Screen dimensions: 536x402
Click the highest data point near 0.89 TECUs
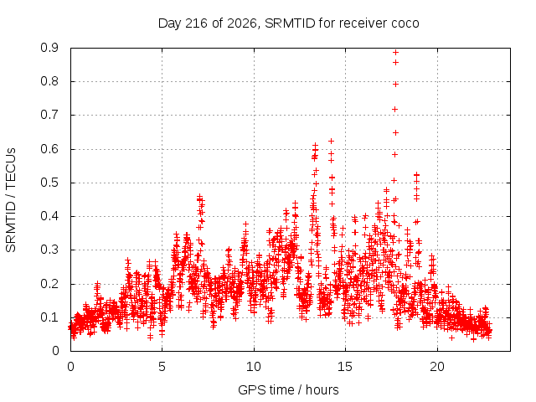395,53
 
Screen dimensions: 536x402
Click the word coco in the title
405,23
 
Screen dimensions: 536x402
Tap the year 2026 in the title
242,23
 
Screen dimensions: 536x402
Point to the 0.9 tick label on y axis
49,48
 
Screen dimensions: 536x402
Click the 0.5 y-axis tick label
49,183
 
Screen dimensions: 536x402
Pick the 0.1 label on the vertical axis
49,317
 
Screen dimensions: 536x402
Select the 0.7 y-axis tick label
49,115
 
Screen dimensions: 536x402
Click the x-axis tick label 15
345,367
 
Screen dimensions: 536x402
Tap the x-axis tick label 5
162,367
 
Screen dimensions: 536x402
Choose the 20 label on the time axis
437,367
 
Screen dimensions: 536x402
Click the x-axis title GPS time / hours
288,390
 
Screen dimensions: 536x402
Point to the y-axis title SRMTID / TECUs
11,200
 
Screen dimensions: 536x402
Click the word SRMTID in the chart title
290,23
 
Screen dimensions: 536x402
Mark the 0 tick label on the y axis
55,351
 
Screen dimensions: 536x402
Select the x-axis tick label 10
253,367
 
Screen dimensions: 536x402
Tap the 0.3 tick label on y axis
49,250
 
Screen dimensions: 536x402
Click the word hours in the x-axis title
322,390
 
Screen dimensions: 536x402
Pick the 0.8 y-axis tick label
49,81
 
